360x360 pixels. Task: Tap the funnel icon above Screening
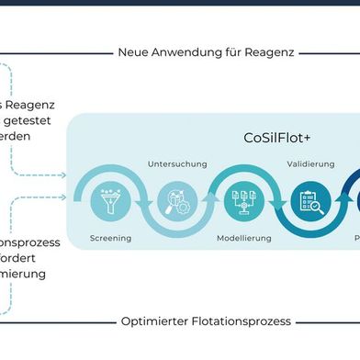111,198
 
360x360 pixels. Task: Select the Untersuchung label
171,163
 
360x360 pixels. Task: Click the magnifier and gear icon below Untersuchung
171,198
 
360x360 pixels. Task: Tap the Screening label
110,238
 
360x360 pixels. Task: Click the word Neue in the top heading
134,52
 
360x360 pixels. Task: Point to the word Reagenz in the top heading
270,52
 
